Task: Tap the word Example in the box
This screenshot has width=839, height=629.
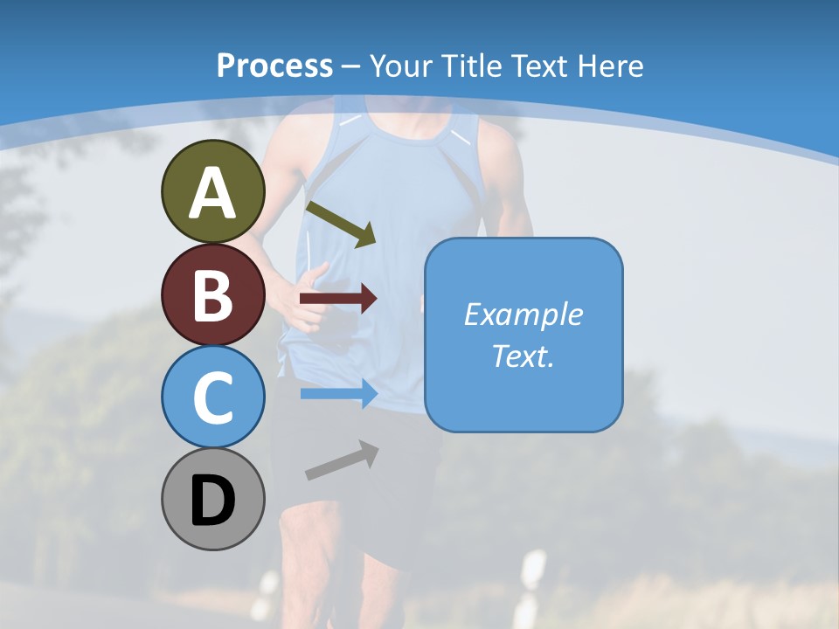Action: pos(524,314)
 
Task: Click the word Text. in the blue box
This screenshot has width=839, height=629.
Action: pos(524,356)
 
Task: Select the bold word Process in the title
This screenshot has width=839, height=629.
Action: pos(274,66)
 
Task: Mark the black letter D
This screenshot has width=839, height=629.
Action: pos(212,501)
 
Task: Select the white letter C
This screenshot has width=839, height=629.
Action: pos(212,398)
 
